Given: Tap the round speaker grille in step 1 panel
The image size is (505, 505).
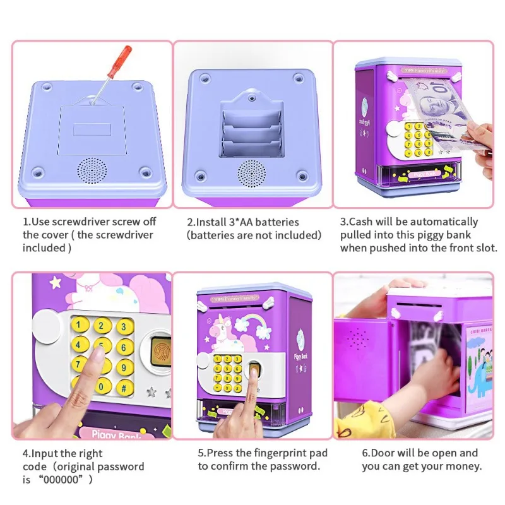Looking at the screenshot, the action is point(92,170).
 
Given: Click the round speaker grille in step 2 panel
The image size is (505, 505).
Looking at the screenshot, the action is point(251,174).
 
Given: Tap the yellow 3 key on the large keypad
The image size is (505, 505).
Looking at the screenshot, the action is point(124,327).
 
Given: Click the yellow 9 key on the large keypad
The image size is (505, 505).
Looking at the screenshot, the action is point(124,368).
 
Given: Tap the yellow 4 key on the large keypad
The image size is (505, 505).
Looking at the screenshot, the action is point(78,345).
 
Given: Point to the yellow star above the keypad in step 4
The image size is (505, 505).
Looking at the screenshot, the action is point(56,282).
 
